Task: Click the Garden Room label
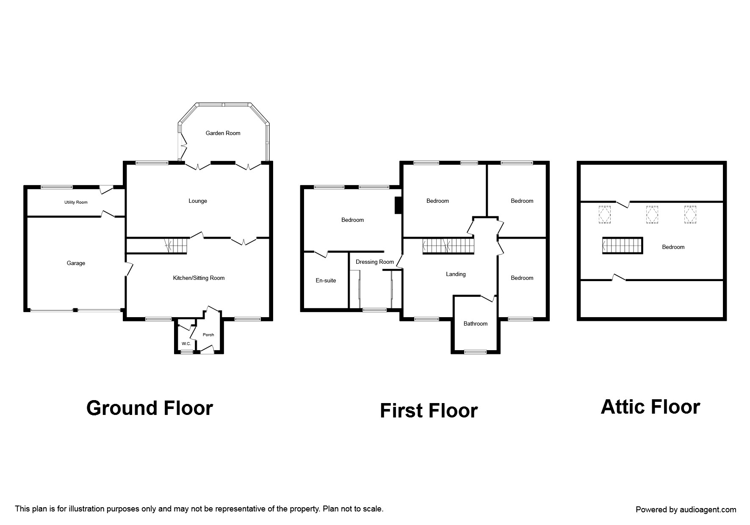(223, 133)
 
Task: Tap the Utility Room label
(76, 202)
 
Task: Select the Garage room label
(76, 263)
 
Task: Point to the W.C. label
(186, 344)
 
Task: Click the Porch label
(208, 334)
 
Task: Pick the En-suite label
(326, 280)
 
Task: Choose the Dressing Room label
(374, 262)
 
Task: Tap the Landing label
(456, 274)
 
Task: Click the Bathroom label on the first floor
(475, 323)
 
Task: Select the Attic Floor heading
(650, 407)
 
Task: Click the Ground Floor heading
(149, 408)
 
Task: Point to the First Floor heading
(429, 411)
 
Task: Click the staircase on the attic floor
(623, 246)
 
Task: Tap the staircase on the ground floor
(177, 246)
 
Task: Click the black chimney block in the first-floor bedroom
(398, 206)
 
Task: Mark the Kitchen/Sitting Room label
(199, 278)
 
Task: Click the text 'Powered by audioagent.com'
(686, 510)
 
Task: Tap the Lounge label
(198, 201)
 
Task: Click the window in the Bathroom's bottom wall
(475, 351)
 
